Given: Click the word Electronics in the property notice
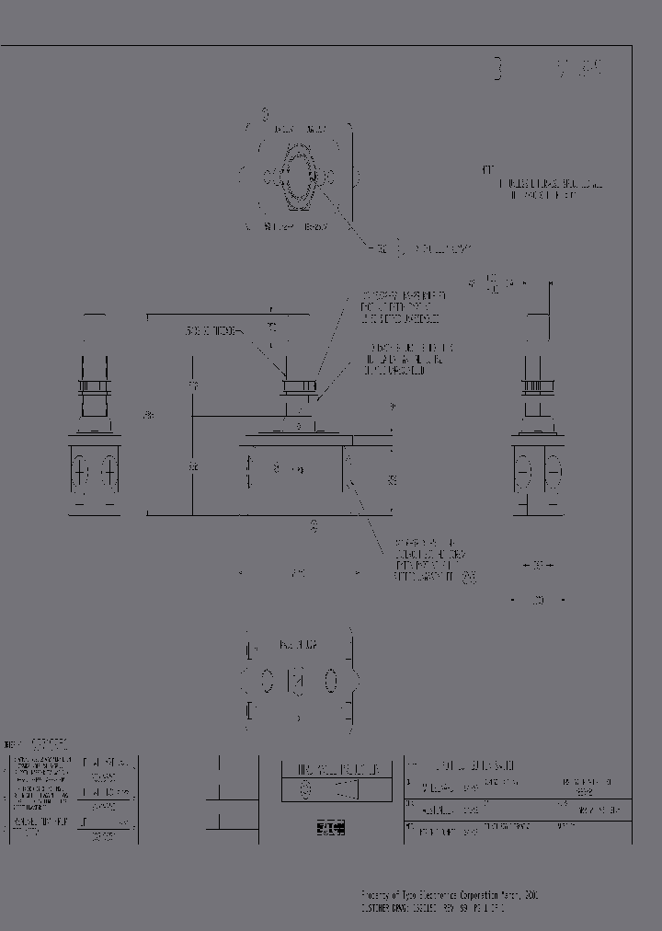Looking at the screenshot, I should [439, 893].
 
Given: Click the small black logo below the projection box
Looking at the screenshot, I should [329, 828].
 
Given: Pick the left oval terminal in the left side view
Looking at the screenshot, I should [80, 474].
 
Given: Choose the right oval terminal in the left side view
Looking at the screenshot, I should [108, 474].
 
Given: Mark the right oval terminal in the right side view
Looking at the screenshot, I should [554, 474].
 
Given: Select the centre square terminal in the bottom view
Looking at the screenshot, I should [297, 682].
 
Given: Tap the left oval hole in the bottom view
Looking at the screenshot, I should [266, 682].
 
